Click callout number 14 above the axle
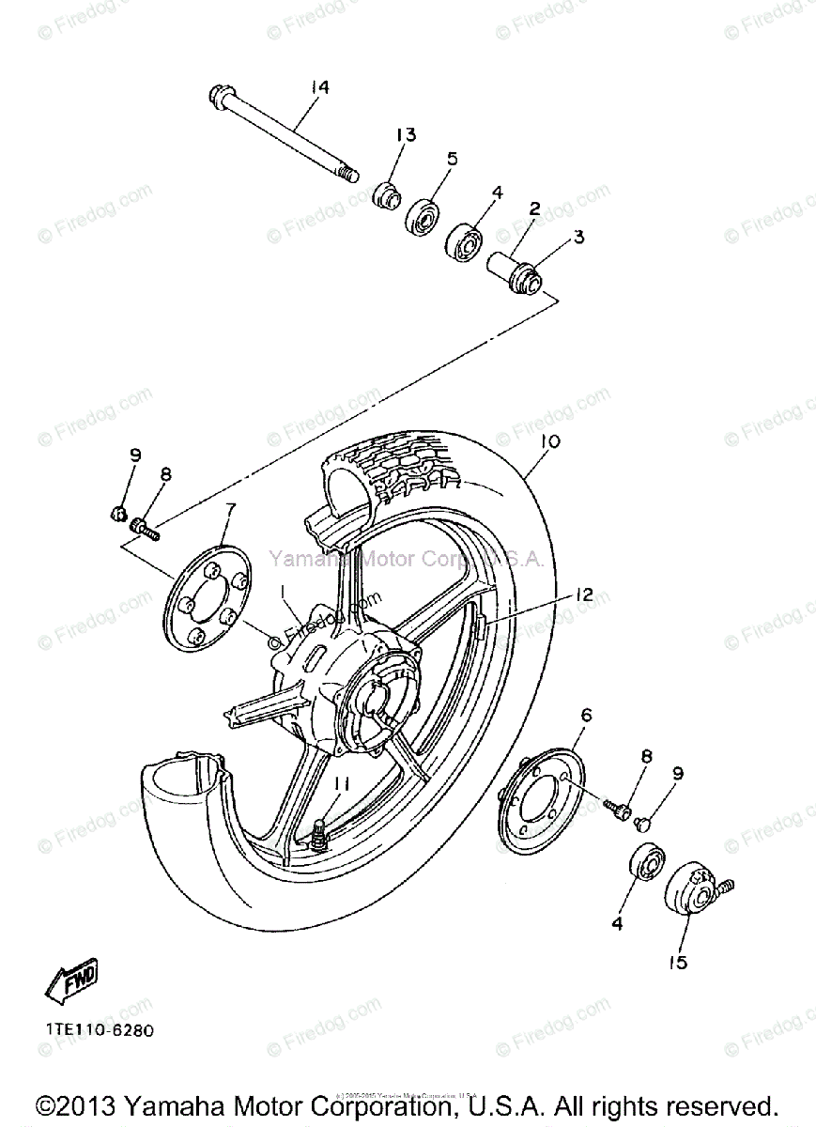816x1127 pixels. pos(320,87)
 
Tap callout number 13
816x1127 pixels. pos(405,135)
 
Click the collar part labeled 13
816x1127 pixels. pos(385,195)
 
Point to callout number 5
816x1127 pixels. pos(452,160)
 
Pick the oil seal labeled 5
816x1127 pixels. pos(424,216)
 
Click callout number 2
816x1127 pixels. pos(533,208)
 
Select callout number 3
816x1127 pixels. pos(578,238)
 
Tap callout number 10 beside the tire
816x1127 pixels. pos(550,441)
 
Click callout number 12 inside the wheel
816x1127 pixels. pos(584,594)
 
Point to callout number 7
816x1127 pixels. pos(229,510)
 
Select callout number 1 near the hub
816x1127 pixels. pos(282,590)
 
